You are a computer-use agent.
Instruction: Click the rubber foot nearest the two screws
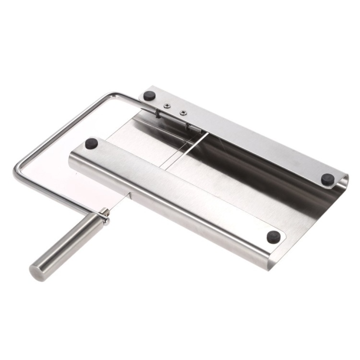pyautogui.click(x=150, y=96)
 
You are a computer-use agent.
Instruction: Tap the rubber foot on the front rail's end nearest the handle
pyautogui.click(x=91, y=143)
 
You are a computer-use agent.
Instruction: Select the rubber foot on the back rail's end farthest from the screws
pyautogui.click(x=328, y=179)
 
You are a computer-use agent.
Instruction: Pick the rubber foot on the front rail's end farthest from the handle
pyautogui.click(x=274, y=236)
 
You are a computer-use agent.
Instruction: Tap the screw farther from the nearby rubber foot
pyautogui.click(x=183, y=113)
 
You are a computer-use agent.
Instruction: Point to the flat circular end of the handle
pyautogui.click(x=37, y=272)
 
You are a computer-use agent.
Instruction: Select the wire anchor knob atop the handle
pyautogui.click(x=104, y=216)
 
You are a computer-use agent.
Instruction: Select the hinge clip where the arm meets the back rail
pyautogui.click(x=158, y=113)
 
